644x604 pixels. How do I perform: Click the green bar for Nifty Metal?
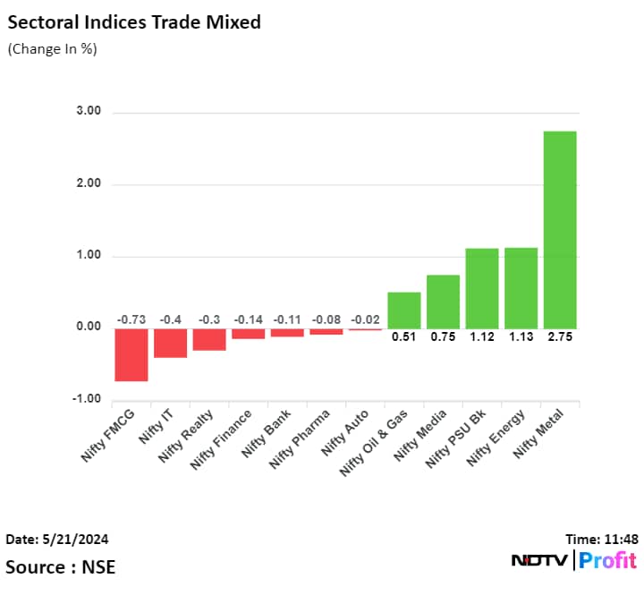560,229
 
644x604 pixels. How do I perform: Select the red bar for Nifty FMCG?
131,354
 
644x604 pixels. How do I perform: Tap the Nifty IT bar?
170,343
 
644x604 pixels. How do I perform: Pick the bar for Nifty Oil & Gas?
403,310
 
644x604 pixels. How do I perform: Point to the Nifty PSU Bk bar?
481,288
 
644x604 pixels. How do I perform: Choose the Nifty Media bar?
443,301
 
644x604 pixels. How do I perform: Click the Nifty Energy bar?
521,287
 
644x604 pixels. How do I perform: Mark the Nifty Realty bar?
209,339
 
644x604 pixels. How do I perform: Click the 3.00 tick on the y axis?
89,112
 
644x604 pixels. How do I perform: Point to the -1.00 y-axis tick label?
87,399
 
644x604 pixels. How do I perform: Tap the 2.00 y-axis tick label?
89,183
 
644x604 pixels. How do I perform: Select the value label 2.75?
560,337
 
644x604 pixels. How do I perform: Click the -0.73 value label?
131,319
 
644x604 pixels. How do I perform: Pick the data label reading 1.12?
481,337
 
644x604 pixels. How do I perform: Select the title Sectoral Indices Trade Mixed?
134,22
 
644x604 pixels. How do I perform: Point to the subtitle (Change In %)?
52,49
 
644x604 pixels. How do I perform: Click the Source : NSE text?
61,566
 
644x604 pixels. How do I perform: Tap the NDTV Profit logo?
574,561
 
